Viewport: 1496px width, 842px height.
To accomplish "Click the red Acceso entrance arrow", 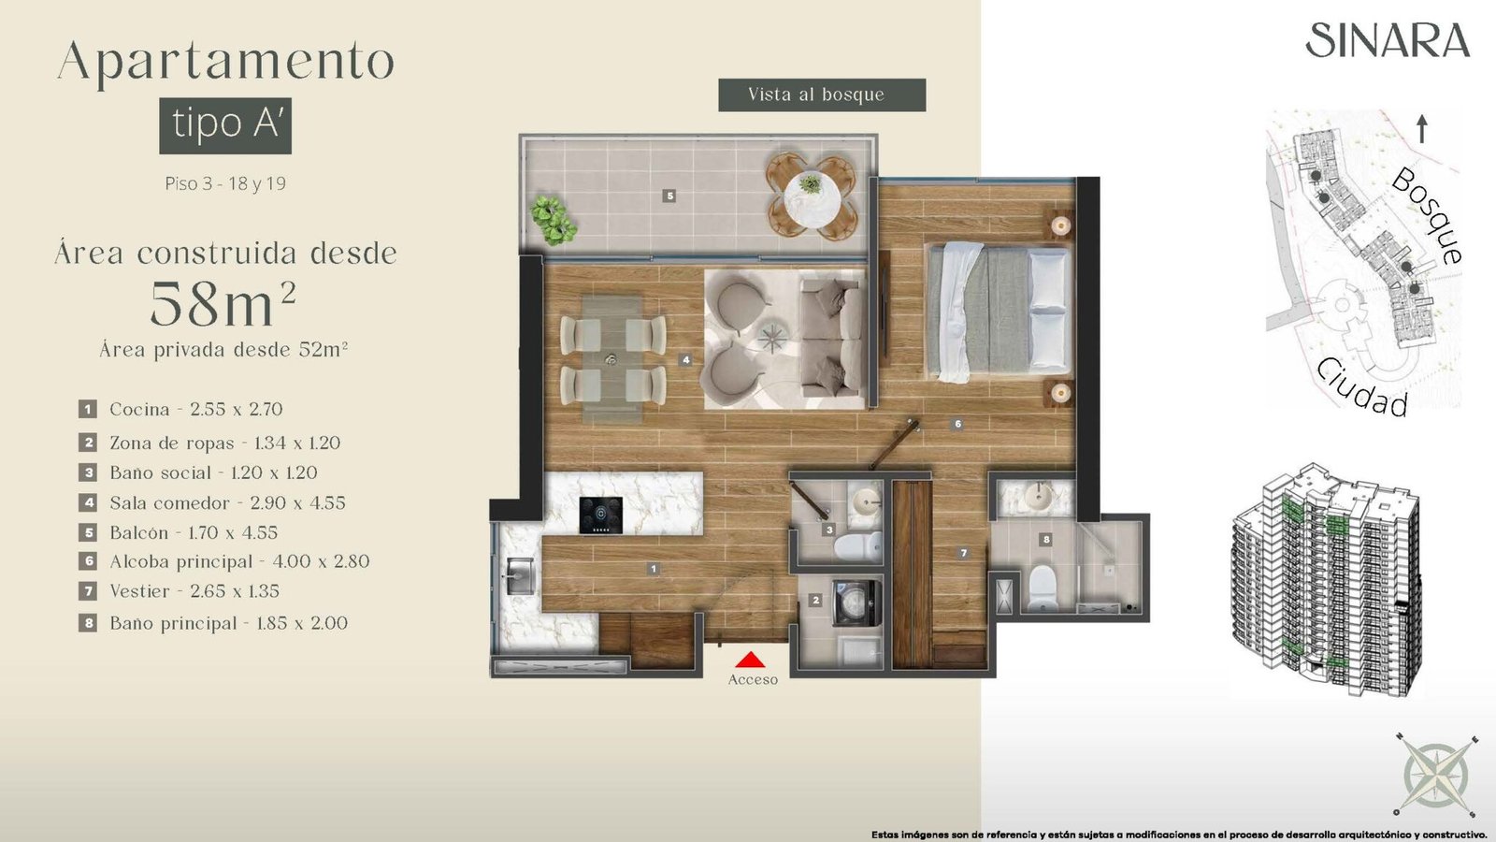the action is [750, 660].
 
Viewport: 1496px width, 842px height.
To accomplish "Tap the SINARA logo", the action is [1388, 41].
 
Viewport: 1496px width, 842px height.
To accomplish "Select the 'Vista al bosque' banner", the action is [822, 94].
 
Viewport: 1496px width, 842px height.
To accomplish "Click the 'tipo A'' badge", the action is [225, 125].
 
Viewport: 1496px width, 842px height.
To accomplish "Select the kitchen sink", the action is [519, 576].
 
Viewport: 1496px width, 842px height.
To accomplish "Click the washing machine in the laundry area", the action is [856, 603].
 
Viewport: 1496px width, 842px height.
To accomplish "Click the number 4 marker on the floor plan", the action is [686, 359].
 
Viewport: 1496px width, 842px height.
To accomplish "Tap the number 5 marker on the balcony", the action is [669, 196].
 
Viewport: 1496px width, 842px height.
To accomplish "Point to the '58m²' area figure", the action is [223, 304].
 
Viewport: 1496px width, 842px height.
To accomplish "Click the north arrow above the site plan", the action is [1422, 128].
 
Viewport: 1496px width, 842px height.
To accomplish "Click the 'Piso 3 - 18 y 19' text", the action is [225, 183].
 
